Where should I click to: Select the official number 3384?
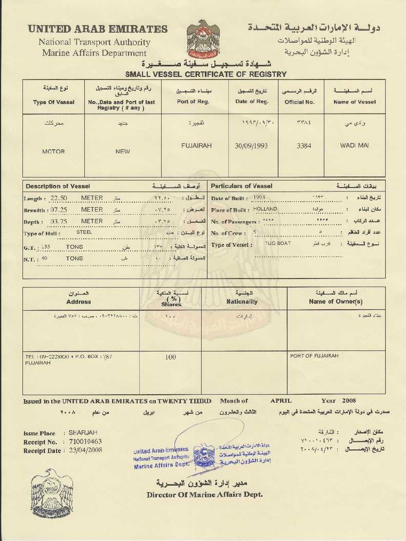coord(303,146)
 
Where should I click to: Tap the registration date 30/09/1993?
coord(251,146)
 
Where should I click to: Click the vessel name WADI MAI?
coord(354,145)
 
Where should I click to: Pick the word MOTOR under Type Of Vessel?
coord(53,152)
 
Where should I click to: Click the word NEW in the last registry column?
coord(123,152)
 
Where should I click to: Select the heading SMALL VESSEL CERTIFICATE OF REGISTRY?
coord(206,74)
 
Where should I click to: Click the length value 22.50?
coord(60,198)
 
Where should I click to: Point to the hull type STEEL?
coord(84,232)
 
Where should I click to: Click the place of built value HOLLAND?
coord(265,209)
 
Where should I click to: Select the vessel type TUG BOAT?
coord(277,244)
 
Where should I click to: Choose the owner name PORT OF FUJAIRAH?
coord(314,356)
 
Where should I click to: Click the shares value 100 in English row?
coord(170,357)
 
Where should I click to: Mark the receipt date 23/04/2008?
coord(85,450)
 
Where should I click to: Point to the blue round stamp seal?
coord(204,456)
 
